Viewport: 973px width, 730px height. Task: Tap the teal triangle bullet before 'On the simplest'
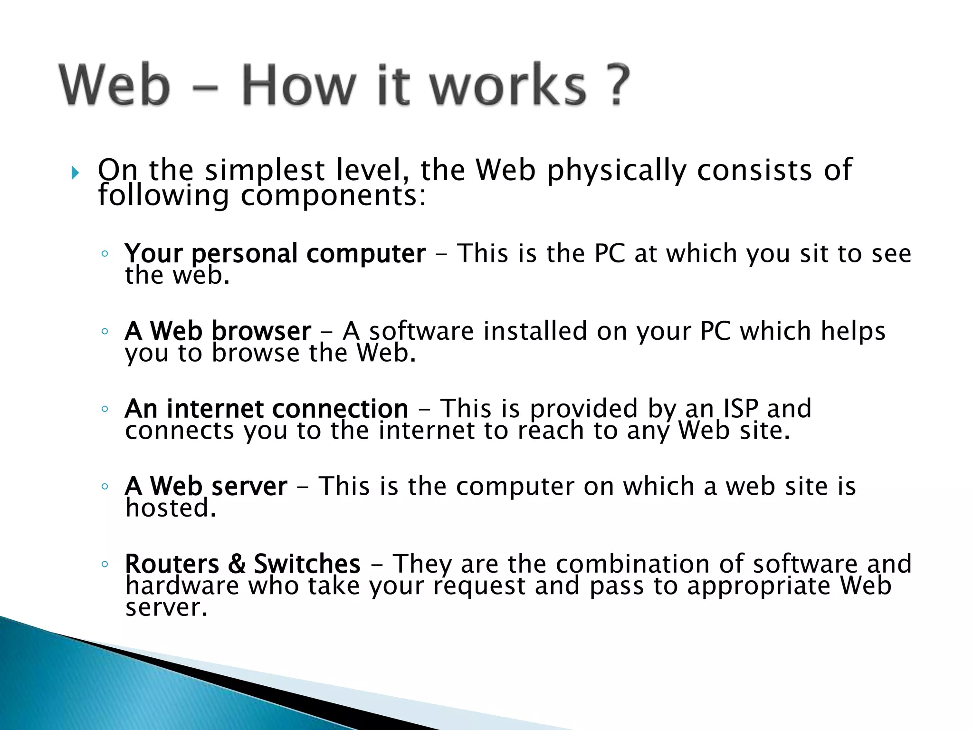(x=75, y=173)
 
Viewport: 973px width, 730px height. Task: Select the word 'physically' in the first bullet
(x=616, y=171)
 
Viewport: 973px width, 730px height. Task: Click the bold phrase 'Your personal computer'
(x=275, y=254)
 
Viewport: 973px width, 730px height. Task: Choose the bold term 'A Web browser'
(x=218, y=331)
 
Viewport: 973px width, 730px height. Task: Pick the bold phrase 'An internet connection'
(x=267, y=408)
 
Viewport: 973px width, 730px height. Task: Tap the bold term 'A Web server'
(x=206, y=486)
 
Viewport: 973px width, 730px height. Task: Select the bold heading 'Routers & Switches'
(x=243, y=564)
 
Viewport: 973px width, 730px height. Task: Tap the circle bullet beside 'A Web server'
(x=105, y=487)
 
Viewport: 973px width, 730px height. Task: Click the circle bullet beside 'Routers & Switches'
(x=105, y=564)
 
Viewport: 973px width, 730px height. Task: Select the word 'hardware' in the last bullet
(x=182, y=586)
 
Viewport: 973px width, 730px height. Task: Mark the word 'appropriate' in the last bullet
(x=758, y=586)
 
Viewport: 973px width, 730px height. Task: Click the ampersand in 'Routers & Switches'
(x=237, y=564)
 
